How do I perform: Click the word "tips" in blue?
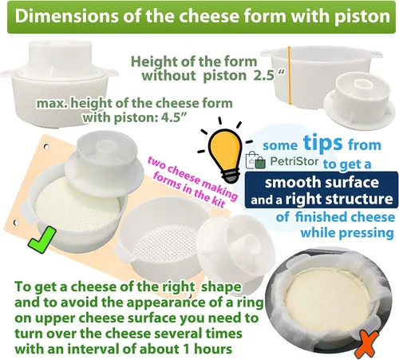(323, 144)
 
